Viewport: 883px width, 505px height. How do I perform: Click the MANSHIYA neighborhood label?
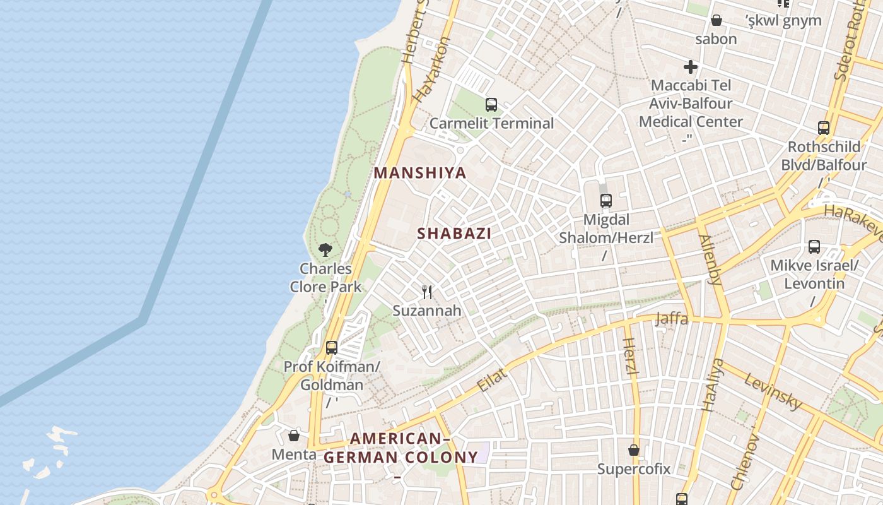point(420,173)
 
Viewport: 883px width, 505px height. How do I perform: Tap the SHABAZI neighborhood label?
point(454,234)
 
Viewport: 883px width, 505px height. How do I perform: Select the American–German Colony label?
point(401,448)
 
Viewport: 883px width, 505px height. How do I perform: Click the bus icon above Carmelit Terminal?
point(491,105)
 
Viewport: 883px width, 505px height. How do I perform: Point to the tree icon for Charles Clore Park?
point(325,250)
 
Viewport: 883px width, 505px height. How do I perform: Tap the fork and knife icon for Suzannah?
point(427,292)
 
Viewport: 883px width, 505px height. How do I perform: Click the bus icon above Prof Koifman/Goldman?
point(332,348)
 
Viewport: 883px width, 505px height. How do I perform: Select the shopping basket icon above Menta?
point(294,436)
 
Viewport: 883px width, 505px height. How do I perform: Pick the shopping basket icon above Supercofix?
point(634,451)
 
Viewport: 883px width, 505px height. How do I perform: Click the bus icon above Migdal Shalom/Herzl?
point(606,201)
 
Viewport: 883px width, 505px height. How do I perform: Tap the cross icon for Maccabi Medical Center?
point(691,66)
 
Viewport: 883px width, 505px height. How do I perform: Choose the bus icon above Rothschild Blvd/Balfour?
point(824,128)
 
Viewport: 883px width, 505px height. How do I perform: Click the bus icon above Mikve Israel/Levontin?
point(814,247)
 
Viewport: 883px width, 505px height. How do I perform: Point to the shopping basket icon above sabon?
point(716,21)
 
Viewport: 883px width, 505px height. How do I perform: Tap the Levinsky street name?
point(773,391)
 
